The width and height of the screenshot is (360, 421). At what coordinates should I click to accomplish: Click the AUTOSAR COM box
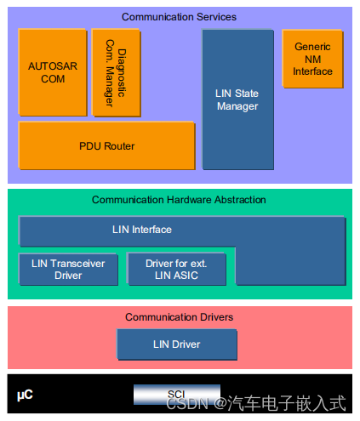(52, 73)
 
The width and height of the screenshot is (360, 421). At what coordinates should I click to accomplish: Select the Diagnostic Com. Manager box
(116, 72)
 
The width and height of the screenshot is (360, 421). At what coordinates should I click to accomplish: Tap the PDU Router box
(106, 146)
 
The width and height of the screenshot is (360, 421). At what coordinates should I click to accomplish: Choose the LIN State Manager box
(237, 100)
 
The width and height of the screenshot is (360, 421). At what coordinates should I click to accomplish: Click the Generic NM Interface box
(312, 59)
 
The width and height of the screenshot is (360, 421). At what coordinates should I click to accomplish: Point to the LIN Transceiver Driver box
(68, 270)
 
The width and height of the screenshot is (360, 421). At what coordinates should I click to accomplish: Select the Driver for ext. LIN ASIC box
(176, 270)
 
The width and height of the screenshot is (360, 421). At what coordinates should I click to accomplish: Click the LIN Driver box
(176, 344)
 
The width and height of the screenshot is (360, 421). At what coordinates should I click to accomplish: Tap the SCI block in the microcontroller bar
(176, 395)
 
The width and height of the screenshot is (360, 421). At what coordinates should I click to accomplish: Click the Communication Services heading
(179, 16)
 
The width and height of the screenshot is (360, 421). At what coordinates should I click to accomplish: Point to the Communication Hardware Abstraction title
(179, 200)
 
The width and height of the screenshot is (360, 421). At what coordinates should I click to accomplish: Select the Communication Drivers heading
(179, 317)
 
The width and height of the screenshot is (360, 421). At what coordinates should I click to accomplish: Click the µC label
(25, 395)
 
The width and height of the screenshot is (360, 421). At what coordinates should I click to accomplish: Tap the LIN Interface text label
(141, 230)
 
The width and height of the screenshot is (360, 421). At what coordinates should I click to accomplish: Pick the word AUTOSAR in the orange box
(52, 66)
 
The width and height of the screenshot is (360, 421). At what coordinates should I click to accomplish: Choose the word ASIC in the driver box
(193, 276)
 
